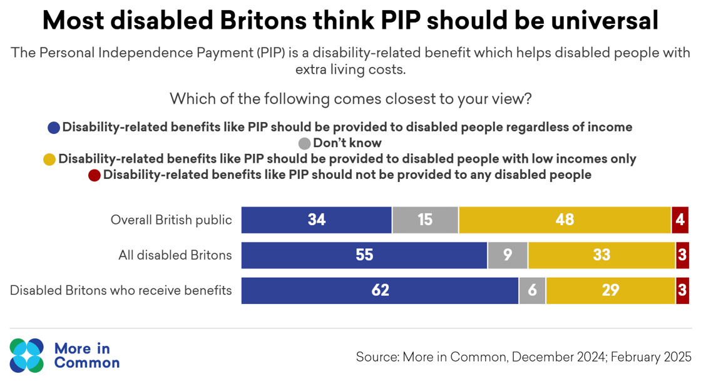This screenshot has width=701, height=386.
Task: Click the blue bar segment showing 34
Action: pyautogui.click(x=316, y=220)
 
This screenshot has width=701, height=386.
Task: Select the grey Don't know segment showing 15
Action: pyautogui.click(x=425, y=220)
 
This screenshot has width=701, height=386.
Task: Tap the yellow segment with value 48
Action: pyautogui.click(x=565, y=220)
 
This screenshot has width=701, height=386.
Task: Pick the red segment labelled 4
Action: pyautogui.click(x=680, y=220)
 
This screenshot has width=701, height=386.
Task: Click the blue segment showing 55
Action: pyautogui.click(x=364, y=255)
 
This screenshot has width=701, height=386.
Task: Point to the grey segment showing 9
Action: pyautogui.click(x=508, y=255)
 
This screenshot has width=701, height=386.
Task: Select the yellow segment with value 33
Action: pyautogui.click(x=601, y=255)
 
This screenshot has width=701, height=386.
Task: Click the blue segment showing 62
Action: pyautogui.click(x=380, y=290)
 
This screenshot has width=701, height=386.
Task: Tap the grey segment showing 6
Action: pyautogui.click(x=532, y=290)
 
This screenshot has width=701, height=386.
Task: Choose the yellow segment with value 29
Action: pyautogui.click(x=610, y=290)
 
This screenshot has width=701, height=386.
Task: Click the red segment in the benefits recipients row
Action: pyautogui.click(x=682, y=290)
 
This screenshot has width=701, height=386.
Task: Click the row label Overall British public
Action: pyautogui.click(x=171, y=220)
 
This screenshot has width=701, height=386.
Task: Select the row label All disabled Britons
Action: pyautogui.click(x=175, y=255)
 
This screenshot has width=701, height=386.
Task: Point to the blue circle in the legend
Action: pyautogui.click(x=54, y=128)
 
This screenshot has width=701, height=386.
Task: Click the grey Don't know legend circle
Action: pyautogui.click(x=305, y=143)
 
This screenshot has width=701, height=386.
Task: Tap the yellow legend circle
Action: pyautogui.click(x=49, y=160)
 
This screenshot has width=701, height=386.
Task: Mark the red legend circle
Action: pyautogui.click(x=95, y=175)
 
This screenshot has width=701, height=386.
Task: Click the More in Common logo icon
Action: pyautogui.click(x=27, y=355)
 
